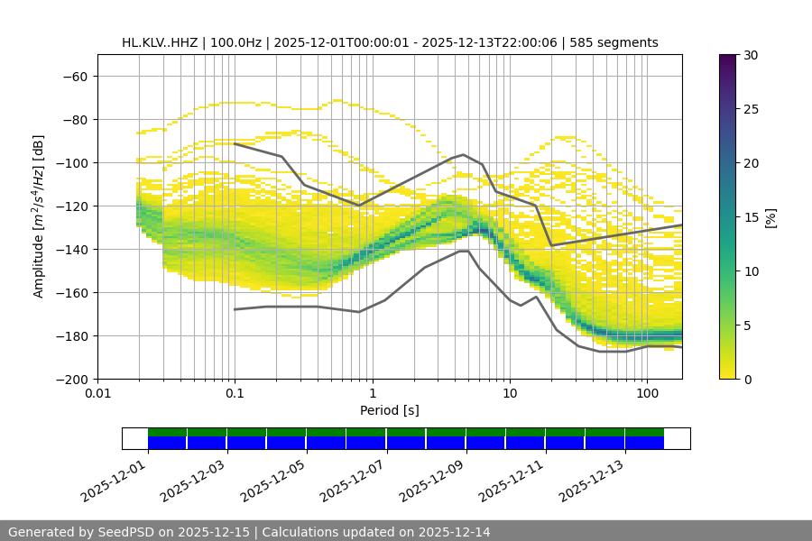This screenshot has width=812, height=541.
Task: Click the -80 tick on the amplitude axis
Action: pos(74,120)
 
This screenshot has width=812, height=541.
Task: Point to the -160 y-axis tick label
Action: pos(71,293)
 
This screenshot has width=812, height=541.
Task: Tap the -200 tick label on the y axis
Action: pos(71,380)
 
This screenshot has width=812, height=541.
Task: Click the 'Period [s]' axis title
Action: pos(390,411)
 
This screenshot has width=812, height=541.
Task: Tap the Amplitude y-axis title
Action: pos(39,216)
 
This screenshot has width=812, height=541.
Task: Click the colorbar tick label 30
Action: pos(751,55)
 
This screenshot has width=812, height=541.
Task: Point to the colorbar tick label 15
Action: pos(751,217)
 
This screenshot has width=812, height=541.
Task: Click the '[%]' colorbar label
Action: pos(770,217)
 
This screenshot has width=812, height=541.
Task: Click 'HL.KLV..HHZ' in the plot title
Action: pos(160,42)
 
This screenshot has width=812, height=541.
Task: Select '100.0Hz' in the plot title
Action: pos(235,42)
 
